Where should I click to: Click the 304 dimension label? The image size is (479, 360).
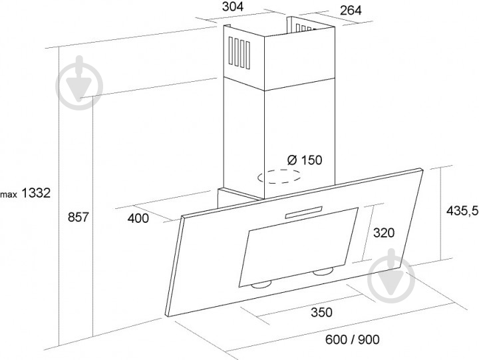(233, 7)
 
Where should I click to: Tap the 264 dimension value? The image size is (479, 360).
(351, 11)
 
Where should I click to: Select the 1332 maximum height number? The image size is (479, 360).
(36, 193)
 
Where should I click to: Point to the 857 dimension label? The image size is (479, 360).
(78, 217)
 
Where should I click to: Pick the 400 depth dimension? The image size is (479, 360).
(138, 218)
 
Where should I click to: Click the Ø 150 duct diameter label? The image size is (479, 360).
(305, 160)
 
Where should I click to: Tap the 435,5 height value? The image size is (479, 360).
(462, 210)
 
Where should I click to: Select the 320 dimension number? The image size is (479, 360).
(384, 233)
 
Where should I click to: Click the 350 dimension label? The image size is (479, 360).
(321, 312)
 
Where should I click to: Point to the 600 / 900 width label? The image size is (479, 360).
(352, 339)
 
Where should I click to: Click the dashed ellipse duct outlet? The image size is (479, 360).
(279, 176)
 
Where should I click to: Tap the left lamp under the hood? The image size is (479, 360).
(261, 285)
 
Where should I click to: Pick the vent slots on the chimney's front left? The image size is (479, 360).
(239, 53)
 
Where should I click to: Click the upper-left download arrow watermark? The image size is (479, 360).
(79, 83)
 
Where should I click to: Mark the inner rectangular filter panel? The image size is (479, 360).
(299, 247)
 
